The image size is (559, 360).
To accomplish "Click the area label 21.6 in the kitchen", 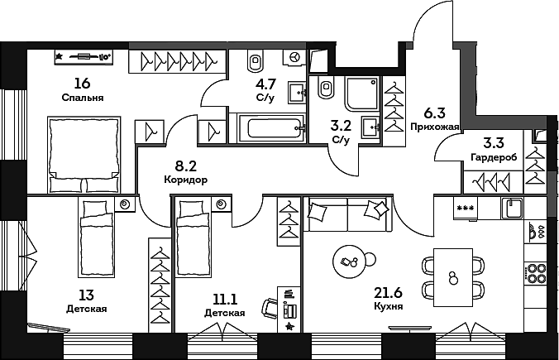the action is (388, 293).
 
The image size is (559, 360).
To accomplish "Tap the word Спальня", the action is (83, 98).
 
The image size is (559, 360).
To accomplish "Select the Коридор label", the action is (186, 180).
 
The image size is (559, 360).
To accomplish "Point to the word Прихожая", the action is (435, 127).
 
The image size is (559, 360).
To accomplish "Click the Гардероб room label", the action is (494, 157).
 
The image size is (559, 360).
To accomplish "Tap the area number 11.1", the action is (225, 299).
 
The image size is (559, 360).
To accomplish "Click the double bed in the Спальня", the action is (84, 155).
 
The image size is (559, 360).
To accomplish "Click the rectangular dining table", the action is (453, 277).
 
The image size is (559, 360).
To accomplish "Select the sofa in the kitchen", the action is (348, 214).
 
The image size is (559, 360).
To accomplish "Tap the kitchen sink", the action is (513, 209).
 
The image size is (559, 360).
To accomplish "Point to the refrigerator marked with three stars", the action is (466, 209).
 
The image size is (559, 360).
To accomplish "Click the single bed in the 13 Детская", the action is (96, 238).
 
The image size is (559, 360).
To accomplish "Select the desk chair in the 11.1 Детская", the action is (269, 307).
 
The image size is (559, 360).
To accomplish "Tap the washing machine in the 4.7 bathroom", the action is (294, 57).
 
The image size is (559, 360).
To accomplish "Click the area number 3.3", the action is (494, 143).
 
